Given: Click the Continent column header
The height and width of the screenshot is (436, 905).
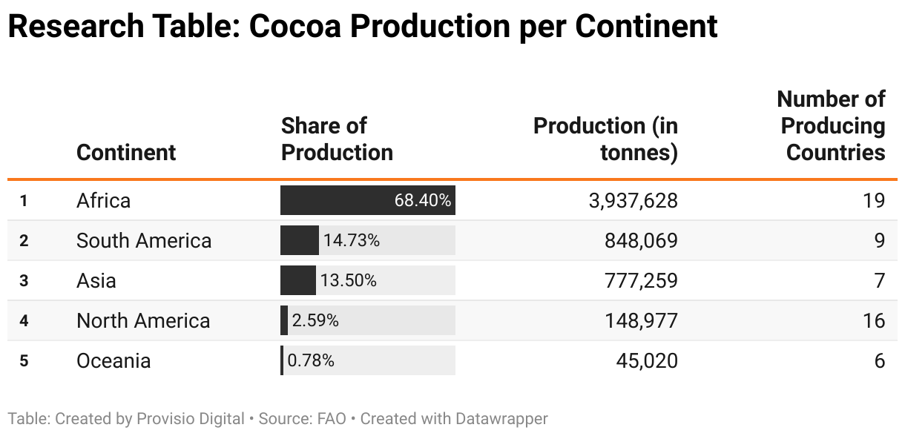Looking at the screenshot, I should coord(126,152).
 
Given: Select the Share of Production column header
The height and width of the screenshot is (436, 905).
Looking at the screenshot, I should coord(337,139).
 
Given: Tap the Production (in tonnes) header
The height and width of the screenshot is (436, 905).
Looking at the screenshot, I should coord(605,139).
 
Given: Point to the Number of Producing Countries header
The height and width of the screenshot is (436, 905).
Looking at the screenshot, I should coord(831,125).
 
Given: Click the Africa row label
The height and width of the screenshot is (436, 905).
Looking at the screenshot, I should coord(103,200).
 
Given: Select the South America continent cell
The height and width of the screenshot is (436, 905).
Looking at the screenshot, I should coord(144,240).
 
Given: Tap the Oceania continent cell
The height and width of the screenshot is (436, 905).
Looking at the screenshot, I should coord(113,360).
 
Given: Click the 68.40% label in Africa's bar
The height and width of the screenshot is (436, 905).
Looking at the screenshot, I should coord(422,200).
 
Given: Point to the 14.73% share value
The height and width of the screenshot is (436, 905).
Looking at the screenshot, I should coord(352,240).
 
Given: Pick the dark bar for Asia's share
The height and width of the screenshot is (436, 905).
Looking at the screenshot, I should coord(297,280).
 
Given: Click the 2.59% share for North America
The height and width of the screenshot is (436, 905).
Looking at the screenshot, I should coord(315,320).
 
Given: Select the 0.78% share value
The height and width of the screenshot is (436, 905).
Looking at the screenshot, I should coord(311,360).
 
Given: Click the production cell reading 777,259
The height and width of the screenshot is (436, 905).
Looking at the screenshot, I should coord(639,280).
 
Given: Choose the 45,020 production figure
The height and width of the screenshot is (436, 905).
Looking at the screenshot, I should coord(647,360).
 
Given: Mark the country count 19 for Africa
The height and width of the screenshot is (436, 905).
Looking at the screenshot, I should coord(874,200).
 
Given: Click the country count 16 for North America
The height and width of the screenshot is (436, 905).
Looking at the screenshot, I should coord(874,320).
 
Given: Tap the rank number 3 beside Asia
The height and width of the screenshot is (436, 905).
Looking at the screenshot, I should coord(24,281).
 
